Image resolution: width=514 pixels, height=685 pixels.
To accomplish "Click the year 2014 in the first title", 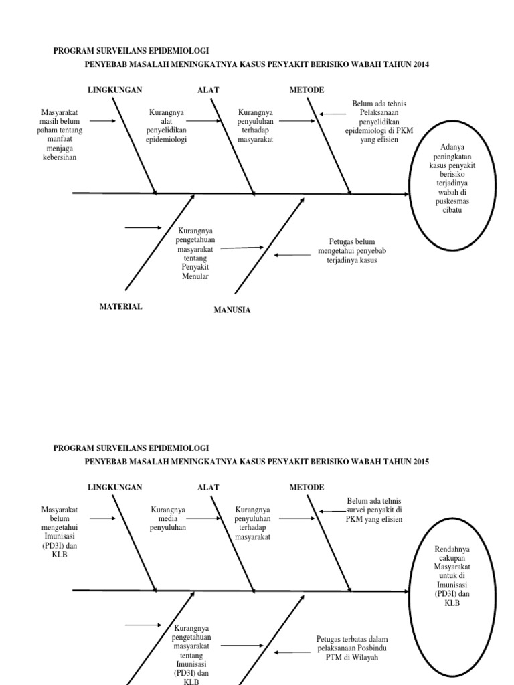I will point(420,64).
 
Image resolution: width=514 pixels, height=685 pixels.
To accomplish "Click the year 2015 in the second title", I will point(420,462).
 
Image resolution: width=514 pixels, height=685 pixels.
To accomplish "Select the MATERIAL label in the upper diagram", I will point(120,306).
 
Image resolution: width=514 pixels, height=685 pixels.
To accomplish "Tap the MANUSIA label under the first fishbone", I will point(232,310).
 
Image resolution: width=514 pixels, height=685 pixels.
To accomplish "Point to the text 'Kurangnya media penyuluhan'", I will point(167,518).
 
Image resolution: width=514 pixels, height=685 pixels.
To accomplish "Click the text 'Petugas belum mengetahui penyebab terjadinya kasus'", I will point(353,250).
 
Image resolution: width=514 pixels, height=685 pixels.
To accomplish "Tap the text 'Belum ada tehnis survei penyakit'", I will point(373,510).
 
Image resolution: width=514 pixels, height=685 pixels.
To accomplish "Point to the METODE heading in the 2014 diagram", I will point(307,90).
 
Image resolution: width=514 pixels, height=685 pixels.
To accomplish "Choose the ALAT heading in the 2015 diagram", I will point(208,487).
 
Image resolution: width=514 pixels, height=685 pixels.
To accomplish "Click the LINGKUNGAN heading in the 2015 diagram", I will point(115,487).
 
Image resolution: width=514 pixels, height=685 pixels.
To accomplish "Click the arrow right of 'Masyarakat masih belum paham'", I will point(103,122).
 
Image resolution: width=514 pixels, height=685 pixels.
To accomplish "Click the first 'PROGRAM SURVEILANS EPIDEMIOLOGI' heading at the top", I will point(131,51).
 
